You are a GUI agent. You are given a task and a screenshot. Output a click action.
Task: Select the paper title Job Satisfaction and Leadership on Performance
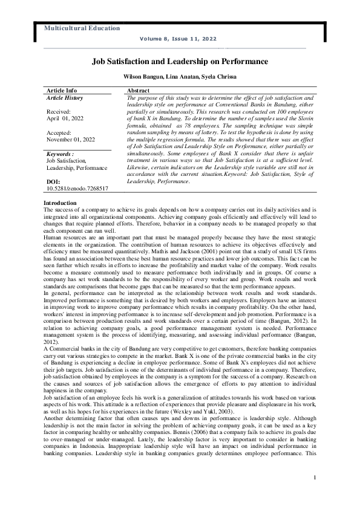[180, 62]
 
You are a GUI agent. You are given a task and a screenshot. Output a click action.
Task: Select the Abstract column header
[139, 89]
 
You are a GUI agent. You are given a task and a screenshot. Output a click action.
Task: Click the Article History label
[65, 97]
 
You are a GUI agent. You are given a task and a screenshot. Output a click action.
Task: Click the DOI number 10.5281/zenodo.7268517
[77, 189]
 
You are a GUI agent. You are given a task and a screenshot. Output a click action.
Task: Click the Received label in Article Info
[59, 112]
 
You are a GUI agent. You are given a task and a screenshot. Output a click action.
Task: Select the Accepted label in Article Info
[59, 132]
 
